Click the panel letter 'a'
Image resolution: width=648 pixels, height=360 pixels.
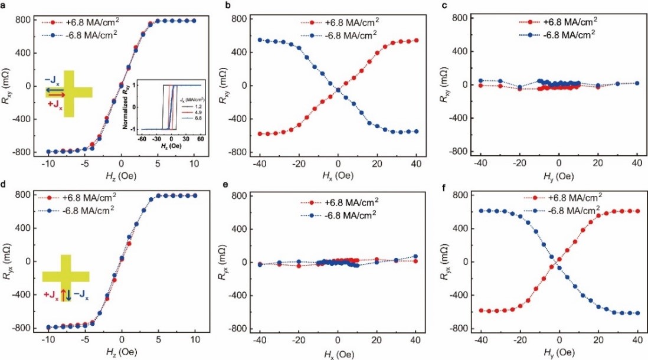click(4, 6)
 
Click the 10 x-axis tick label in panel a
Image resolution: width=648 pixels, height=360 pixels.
click(194, 162)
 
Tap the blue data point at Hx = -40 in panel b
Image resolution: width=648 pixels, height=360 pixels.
click(260, 40)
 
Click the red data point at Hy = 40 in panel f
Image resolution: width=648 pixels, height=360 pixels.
click(636, 211)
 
